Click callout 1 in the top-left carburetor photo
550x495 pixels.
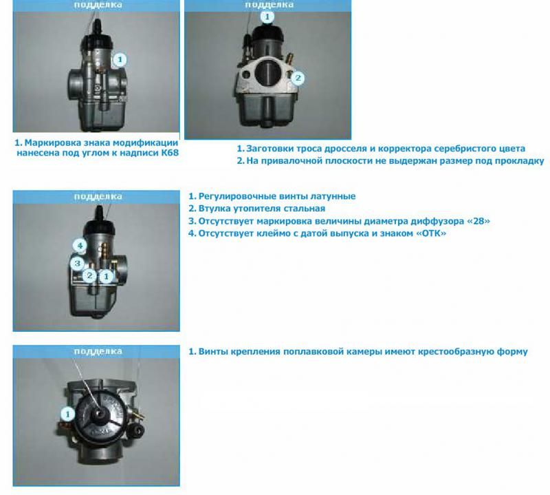pyautogui.click(x=120, y=60)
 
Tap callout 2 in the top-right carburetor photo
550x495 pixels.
pyautogui.click(x=298, y=78)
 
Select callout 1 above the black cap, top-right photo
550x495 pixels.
pyautogui.click(x=267, y=17)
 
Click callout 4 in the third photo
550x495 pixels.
pyautogui.click(x=80, y=245)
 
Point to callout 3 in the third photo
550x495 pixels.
pyautogui.click(x=77, y=263)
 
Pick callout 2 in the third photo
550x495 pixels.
pyautogui.click(x=90, y=275)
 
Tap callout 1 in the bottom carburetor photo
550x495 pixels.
pyautogui.click(x=67, y=414)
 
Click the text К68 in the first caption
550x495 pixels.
pyautogui.click(x=170, y=153)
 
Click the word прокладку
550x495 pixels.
pyautogui.click(x=523, y=161)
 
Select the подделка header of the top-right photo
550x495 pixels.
pyautogui.click(x=269, y=5)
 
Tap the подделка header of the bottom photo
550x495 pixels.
pyautogui.click(x=98, y=351)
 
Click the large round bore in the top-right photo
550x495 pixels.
pyautogui.click(x=268, y=74)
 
